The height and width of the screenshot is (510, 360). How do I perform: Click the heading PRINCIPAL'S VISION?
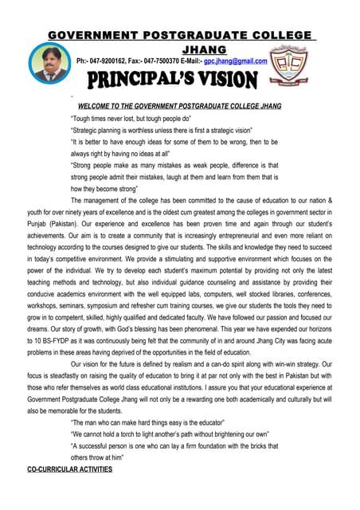tap(172, 80)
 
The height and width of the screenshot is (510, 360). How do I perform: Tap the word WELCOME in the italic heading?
tap(99, 106)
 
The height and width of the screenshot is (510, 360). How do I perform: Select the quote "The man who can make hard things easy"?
tap(149, 422)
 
